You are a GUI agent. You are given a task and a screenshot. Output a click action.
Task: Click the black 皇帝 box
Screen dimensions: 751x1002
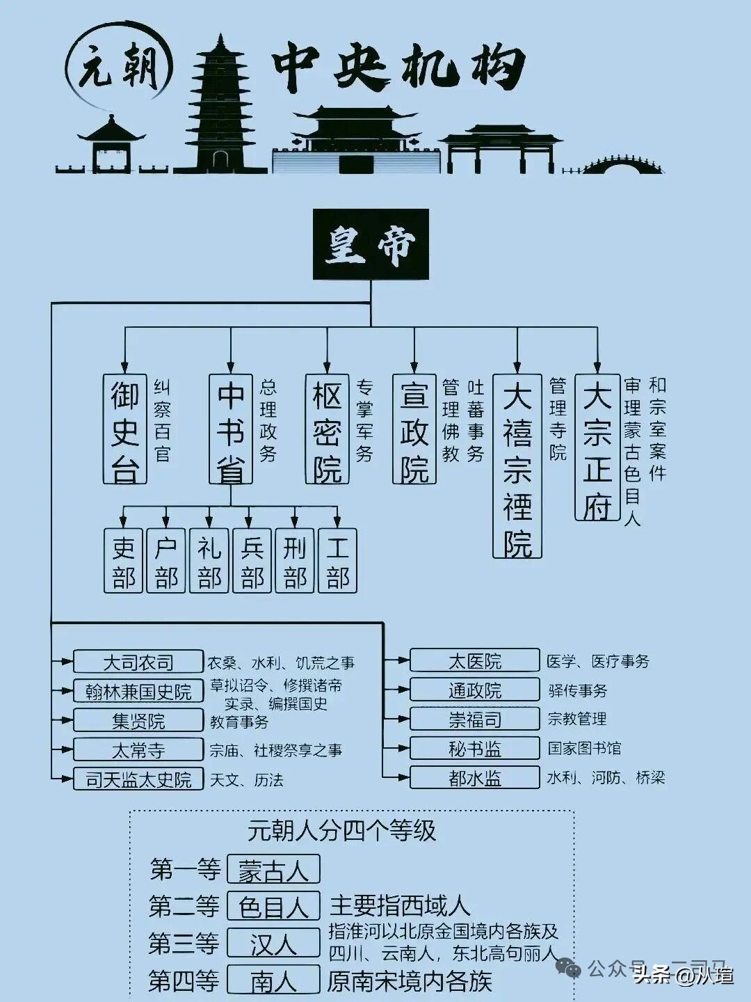371,244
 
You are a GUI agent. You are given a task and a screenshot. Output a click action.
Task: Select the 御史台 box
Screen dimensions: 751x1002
125,429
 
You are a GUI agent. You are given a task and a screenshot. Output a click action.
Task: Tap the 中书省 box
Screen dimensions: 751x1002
231,429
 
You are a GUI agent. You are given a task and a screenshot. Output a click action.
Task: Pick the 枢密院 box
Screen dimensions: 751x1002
327,429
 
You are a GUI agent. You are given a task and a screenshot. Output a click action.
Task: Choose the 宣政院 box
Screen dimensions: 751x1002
414,429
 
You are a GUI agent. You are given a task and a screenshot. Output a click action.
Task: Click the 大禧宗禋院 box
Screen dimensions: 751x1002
517,466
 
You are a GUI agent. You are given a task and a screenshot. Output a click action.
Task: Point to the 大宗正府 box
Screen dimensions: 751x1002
597,447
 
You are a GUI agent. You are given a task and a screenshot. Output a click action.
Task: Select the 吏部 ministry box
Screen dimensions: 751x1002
124,561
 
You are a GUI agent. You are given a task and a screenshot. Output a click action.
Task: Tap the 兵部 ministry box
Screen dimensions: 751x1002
252,561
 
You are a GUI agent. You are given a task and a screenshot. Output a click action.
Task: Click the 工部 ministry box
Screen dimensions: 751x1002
337,561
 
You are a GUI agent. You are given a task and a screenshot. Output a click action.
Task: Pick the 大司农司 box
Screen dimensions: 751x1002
138,662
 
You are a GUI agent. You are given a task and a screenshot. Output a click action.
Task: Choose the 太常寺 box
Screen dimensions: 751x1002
138,749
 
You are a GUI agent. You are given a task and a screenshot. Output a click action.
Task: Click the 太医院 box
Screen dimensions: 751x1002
475,660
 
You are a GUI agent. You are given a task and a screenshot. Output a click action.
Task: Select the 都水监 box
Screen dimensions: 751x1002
475,777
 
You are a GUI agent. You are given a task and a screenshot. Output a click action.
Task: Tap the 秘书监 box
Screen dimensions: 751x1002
475,748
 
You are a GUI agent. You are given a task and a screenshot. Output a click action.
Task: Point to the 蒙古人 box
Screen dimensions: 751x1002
273,869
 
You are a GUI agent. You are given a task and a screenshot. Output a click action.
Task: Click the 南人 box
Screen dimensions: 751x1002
273,980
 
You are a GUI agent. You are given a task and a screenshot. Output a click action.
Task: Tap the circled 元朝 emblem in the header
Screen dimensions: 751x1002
118,68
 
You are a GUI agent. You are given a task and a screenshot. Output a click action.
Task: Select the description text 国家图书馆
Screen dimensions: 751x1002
584,748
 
